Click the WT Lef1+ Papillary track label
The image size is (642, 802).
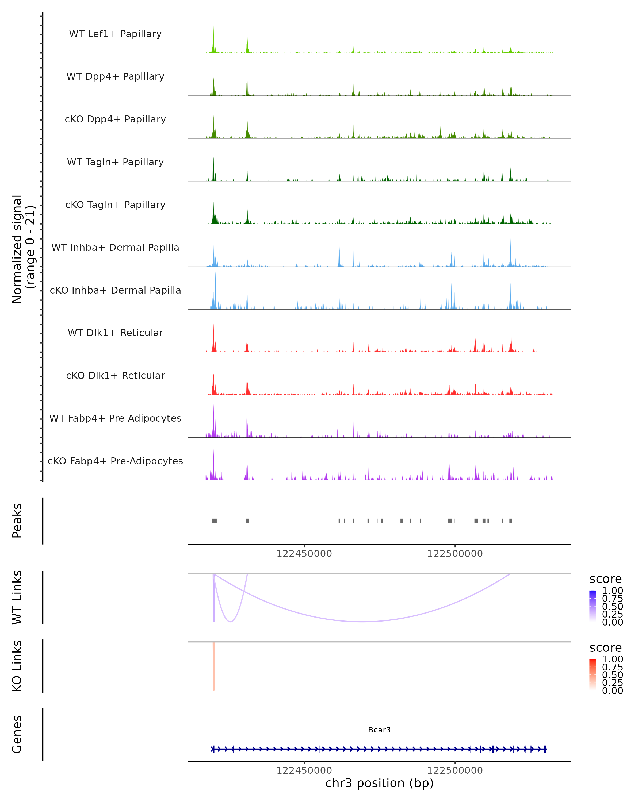click(115, 34)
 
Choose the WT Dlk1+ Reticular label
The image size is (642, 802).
click(115, 333)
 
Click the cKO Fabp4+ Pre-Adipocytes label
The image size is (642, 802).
click(115, 461)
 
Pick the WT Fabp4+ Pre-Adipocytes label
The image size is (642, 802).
click(115, 418)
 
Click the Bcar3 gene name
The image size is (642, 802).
click(379, 730)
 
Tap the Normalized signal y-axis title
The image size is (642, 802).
click(23, 249)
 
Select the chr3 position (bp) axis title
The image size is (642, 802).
click(379, 783)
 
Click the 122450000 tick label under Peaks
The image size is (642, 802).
click(304, 554)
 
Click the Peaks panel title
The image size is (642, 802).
click(17, 521)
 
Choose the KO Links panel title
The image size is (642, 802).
click(17, 666)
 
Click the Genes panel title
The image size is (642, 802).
click(17, 734)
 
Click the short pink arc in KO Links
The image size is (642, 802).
click(214, 666)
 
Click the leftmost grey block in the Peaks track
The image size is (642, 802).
click(214, 521)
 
